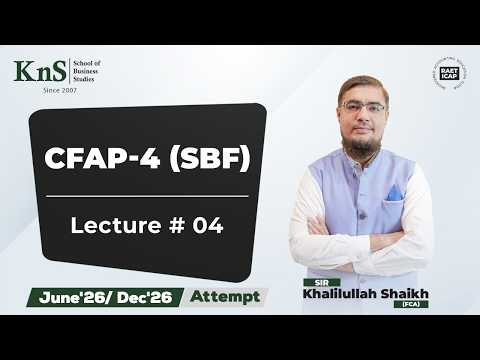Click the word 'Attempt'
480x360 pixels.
coord(225,296)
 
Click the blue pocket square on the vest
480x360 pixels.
coord(395,192)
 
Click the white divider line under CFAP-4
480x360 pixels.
coord(147,196)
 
